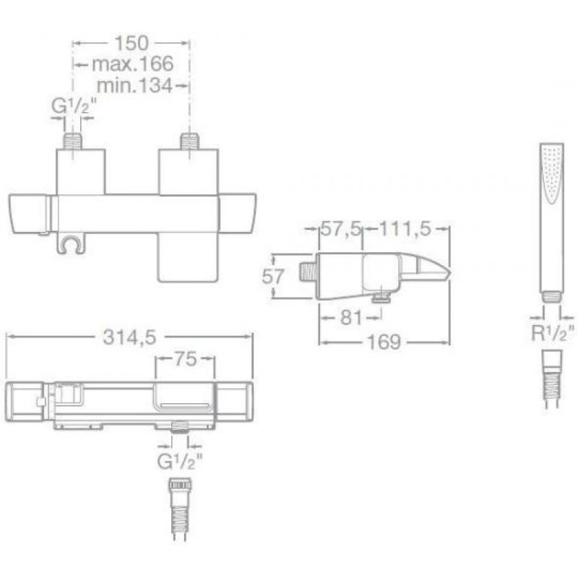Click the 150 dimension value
pos(131,43)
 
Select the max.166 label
pos(132,64)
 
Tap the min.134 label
pos(134,86)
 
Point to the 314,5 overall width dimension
pos(129,337)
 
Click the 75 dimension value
pos(185,358)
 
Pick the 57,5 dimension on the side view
pos(340,228)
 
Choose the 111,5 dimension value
pos(405,228)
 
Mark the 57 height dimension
pos(273,276)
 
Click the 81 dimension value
pos(351,317)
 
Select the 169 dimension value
pos(384,342)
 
